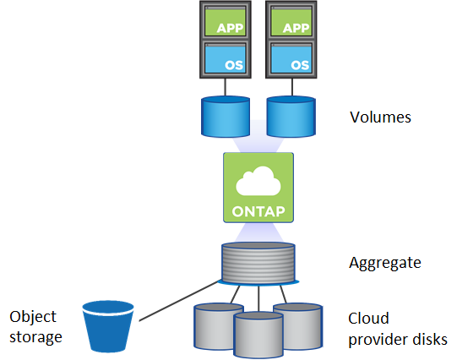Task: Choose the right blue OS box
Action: (x=292, y=60)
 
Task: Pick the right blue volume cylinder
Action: (x=291, y=116)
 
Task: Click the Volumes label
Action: (x=380, y=117)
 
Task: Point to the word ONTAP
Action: (x=258, y=208)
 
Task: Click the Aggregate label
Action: (x=384, y=263)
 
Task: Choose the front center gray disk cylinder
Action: (x=257, y=335)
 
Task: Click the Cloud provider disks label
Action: (x=397, y=329)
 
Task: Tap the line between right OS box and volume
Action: (x=292, y=87)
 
